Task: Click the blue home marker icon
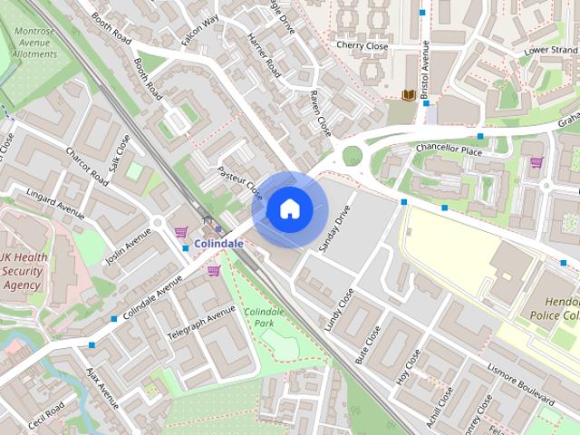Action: (288, 209)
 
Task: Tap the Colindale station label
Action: (218, 244)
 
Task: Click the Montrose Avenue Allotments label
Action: (35, 42)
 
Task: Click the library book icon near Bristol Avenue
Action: (408, 95)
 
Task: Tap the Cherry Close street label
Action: (362, 44)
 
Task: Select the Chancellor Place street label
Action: (448, 150)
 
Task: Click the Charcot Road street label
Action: (87, 169)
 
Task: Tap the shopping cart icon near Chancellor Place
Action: (536, 162)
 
